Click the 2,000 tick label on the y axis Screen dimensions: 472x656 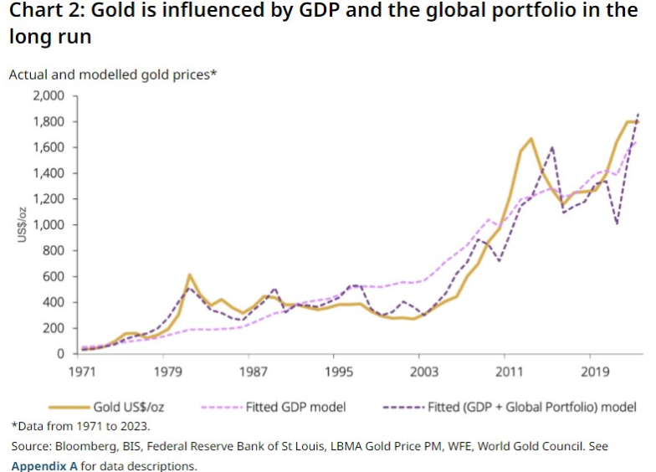click(48, 95)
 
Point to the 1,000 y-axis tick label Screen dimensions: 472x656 click(48, 224)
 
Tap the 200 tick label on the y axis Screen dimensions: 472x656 click(55, 328)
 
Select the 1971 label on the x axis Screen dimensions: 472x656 click(81, 370)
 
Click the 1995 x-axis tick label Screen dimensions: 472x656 click(339, 370)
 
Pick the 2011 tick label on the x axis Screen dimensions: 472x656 click(510, 370)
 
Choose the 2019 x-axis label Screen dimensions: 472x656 click(595, 370)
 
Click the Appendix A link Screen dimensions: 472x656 click(44, 465)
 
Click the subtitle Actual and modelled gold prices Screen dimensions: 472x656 click(113, 74)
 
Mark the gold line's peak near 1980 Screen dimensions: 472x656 click(190, 274)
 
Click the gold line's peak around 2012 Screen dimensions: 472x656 click(531, 138)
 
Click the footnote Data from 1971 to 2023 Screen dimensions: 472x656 click(80, 427)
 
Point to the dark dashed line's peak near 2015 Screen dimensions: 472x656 click(552, 148)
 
